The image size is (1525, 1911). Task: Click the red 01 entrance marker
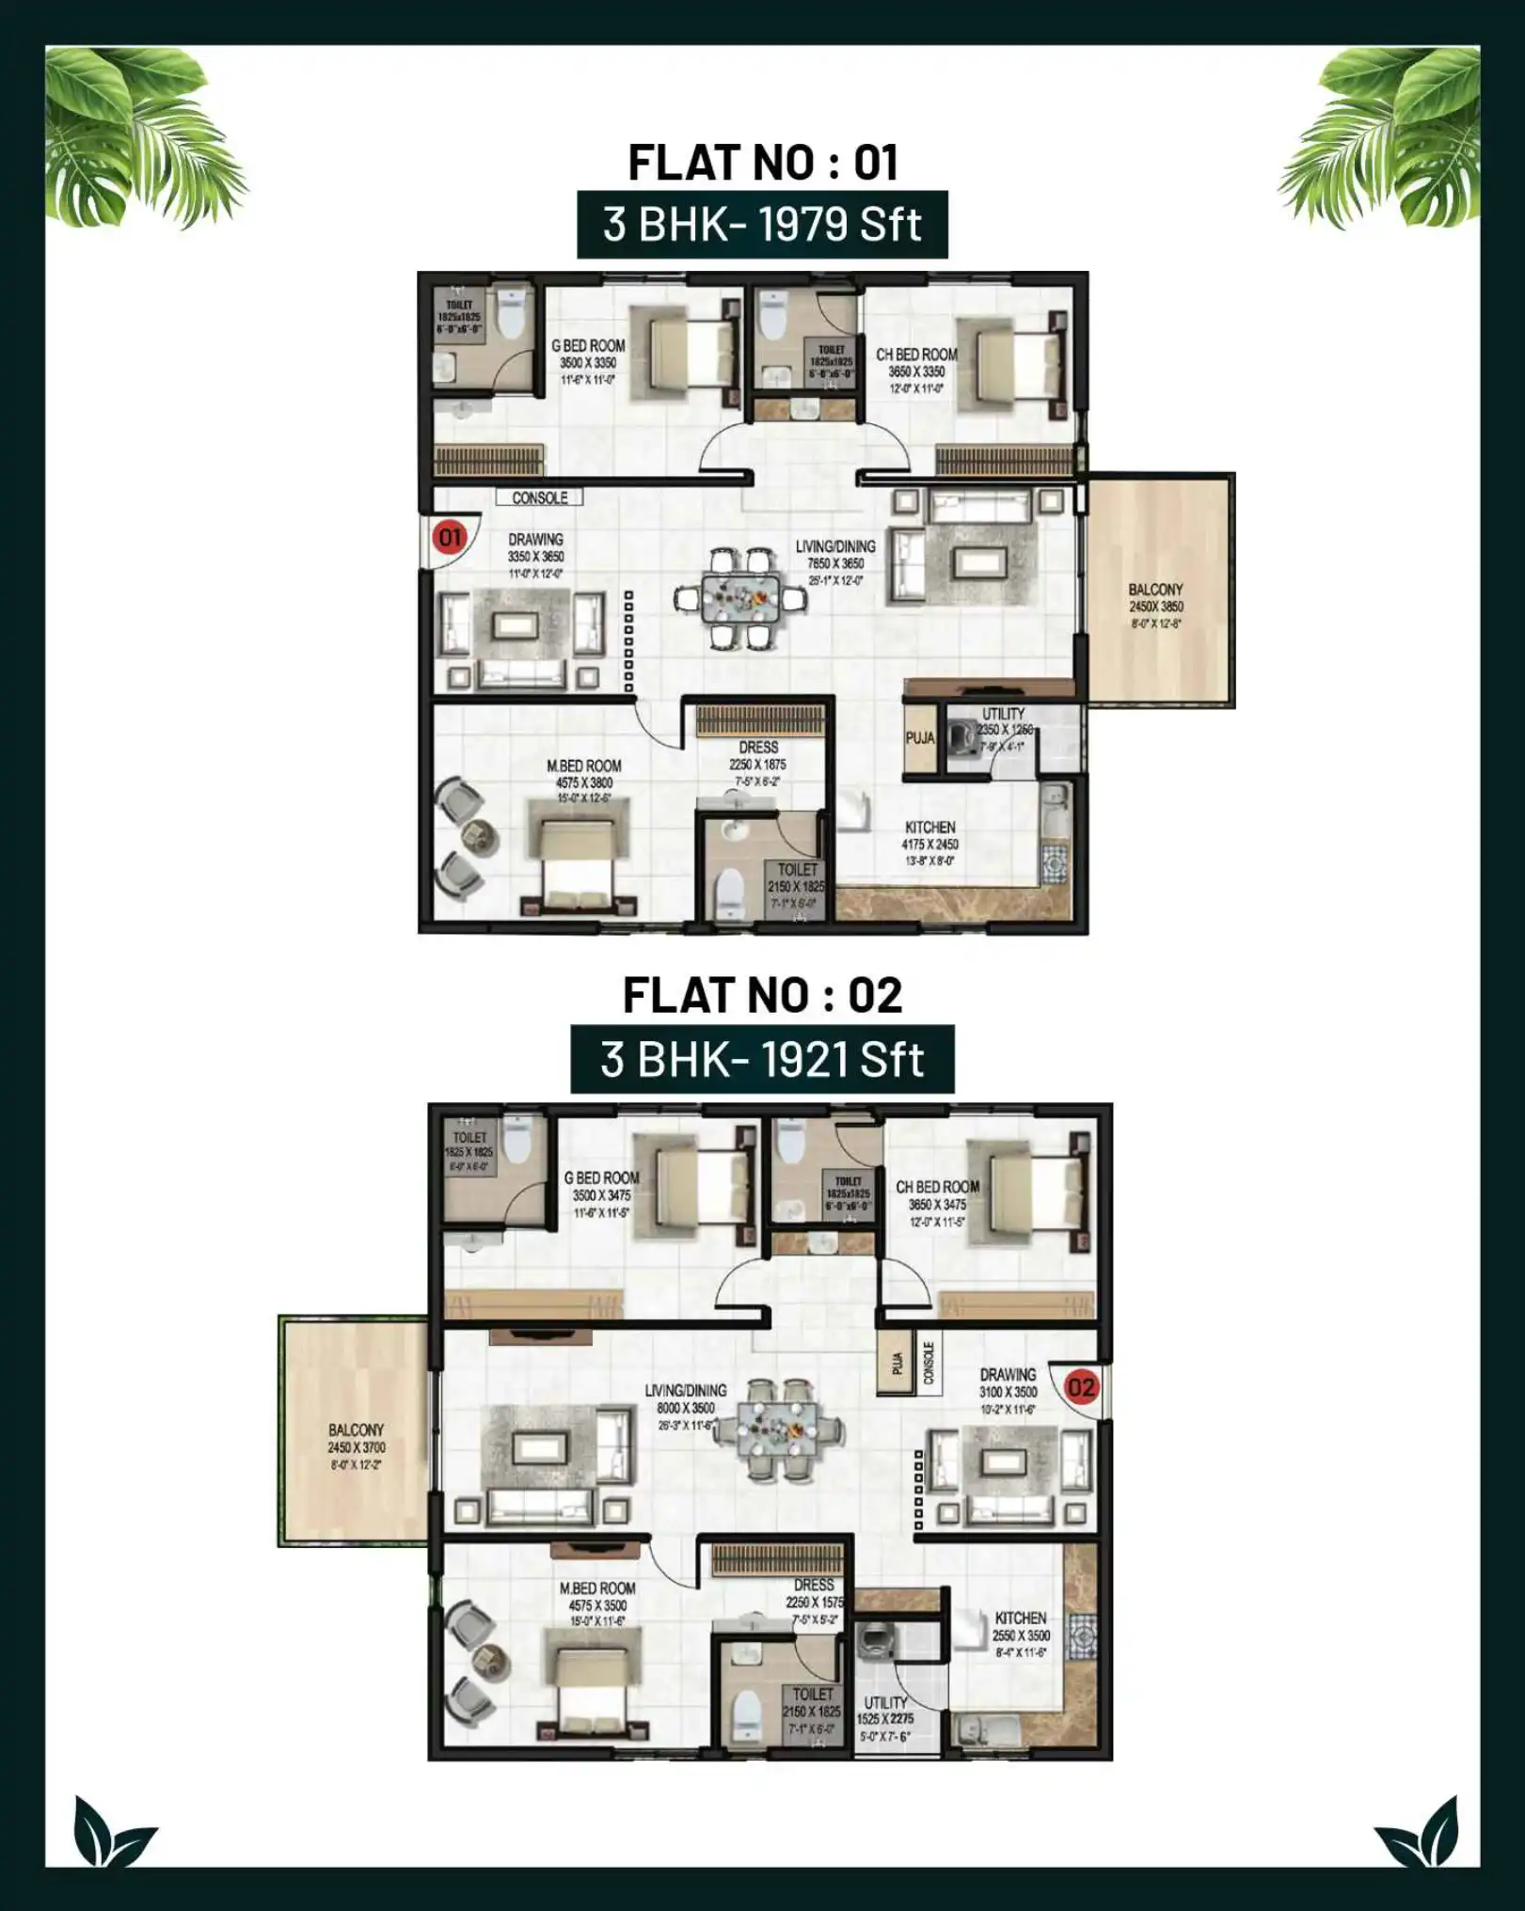point(450,537)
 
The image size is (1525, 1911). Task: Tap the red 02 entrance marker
point(1081,1387)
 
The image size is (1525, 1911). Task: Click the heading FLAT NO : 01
point(762,163)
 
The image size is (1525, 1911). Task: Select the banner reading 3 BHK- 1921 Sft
point(762,1059)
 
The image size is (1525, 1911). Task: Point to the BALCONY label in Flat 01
point(1155,590)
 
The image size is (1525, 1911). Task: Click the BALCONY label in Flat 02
point(356,1429)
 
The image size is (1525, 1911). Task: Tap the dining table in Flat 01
point(740,598)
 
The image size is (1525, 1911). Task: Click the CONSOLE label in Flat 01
point(539,497)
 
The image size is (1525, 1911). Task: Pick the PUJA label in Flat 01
point(919,738)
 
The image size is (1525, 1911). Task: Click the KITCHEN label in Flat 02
point(1020,1619)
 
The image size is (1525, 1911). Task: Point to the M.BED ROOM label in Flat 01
point(583,766)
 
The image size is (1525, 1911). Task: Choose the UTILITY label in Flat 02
point(885,1703)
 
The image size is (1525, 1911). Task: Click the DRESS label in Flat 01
point(758,748)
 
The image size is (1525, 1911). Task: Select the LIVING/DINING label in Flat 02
point(685,1391)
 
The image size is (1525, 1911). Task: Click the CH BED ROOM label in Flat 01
point(916,355)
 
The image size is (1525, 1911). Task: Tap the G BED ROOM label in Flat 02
point(601,1178)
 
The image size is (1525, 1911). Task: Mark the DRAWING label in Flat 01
point(535,540)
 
